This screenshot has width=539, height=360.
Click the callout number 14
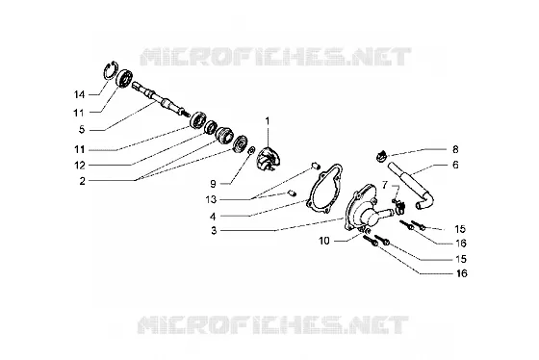pos(79,94)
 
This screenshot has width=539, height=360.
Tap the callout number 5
pos(82,130)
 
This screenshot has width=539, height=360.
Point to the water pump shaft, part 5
pos(161,100)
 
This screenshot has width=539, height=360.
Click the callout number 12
pos(80,166)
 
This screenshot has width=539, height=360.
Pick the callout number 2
pos(82,181)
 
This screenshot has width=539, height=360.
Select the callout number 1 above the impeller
pos(268,121)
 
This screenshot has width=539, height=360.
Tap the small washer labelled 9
pos(250,149)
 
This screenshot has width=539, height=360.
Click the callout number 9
pos(213,184)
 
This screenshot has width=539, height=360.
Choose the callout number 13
pos(212,199)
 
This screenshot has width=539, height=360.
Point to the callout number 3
pos(214,230)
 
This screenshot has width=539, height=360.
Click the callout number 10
pos(324,241)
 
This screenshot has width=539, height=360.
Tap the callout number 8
pos(455,149)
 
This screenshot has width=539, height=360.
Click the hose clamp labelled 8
pos(380,157)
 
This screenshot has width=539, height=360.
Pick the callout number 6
pos(455,165)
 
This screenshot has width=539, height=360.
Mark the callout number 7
pos(385,186)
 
